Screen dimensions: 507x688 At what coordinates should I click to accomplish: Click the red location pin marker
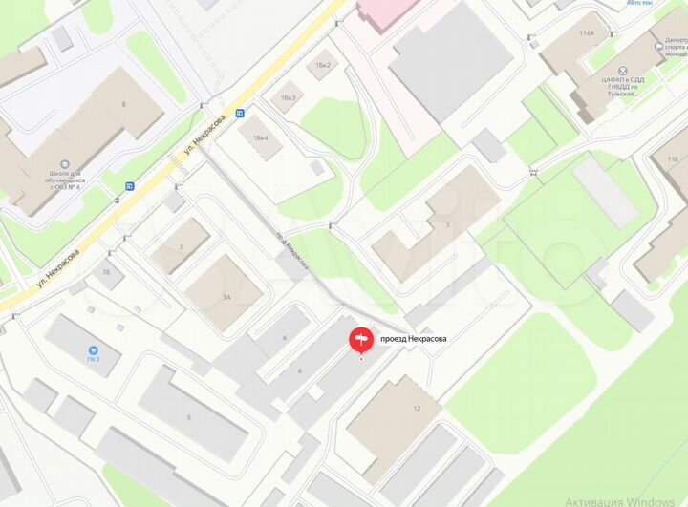click(x=360, y=339)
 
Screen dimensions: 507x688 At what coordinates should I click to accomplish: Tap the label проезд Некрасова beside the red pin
click(x=414, y=339)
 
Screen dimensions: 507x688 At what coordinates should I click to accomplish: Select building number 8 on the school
click(x=122, y=103)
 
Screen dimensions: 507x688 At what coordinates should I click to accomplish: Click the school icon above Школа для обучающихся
click(x=64, y=163)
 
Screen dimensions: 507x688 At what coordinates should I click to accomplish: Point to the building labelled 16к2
click(x=322, y=65)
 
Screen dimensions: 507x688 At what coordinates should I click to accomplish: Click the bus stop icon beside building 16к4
click(x=239, y=113)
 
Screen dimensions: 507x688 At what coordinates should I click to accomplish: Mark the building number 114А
click(x=586, y=33)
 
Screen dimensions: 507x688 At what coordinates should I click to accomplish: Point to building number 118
click(x=673, y=159)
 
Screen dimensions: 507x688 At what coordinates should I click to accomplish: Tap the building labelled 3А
click(x=226, y=297)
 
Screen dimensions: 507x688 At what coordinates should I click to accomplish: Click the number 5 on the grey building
click(x=188, y=418)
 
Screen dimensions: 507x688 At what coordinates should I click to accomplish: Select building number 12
click(x=416, y=409)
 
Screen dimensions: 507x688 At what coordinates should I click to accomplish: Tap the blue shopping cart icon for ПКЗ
click(x=93, y=349)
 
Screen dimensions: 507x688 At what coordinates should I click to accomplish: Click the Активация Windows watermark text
click(x=625, y=500)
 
